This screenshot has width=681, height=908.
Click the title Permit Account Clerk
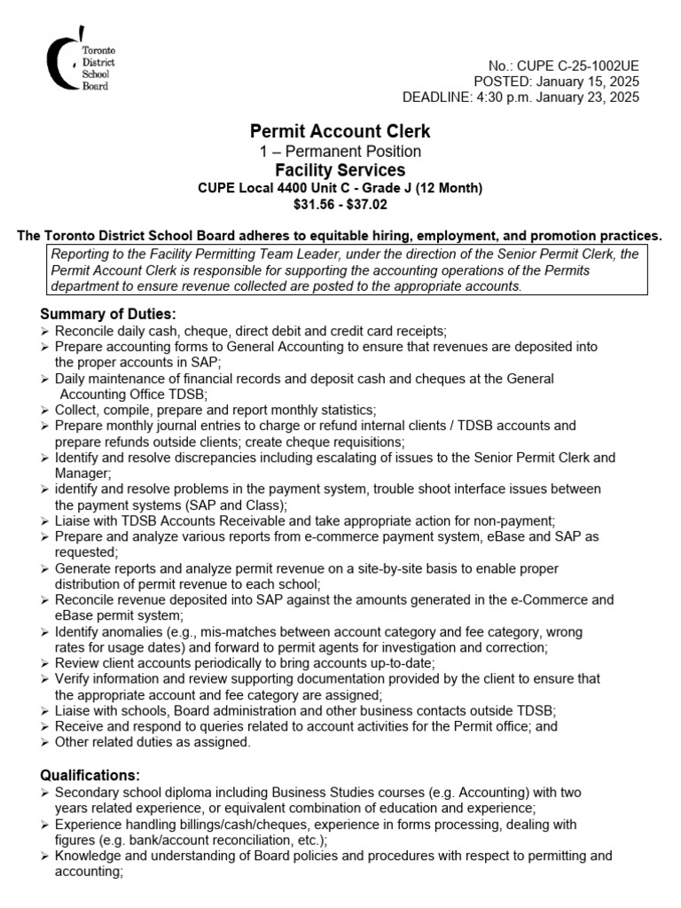340,131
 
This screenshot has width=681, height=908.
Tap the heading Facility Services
340,169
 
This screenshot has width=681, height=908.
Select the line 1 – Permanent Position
340,151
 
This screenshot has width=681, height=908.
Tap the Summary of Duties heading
109,314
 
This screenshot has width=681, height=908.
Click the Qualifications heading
90,775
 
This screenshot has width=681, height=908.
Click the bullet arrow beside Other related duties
45,742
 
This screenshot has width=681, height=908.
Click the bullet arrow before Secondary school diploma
45,792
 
